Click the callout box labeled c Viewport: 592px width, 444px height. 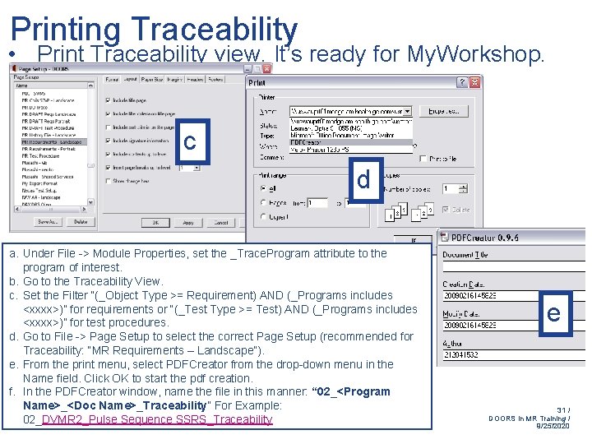coord(190,141)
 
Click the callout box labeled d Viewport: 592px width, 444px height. coord(363,179)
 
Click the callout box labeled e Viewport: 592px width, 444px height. coord(553,312)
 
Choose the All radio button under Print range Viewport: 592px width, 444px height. coord(264,188)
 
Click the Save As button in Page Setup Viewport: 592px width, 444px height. coord(48,222)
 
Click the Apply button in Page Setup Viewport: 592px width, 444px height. coord(188,222)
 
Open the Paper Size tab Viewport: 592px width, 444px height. coord(151,80)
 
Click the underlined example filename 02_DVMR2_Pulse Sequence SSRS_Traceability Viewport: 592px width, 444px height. coord(148,419)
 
